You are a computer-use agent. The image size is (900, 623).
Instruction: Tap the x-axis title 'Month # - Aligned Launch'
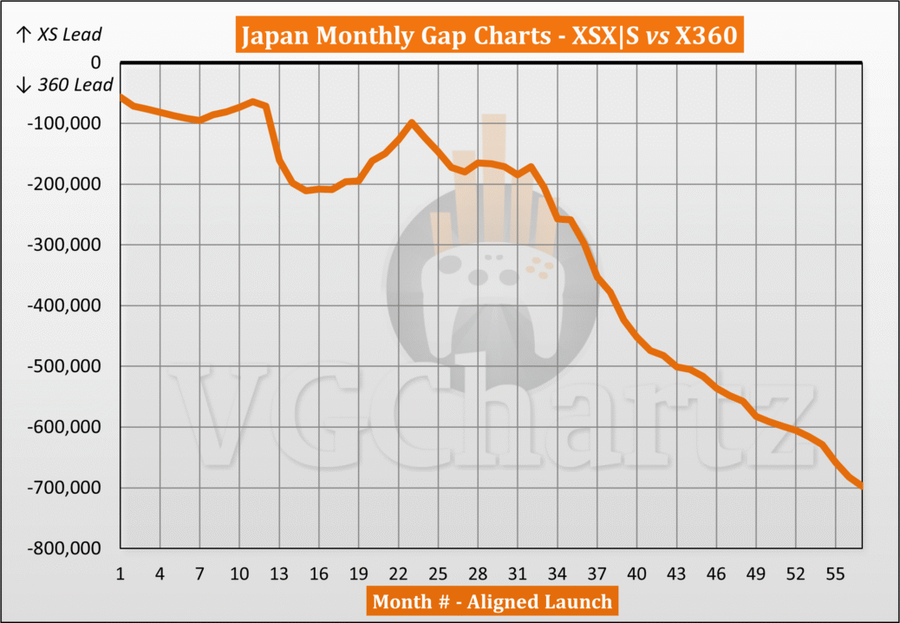coord(492,601)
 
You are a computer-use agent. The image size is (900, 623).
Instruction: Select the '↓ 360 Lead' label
coord(64,85)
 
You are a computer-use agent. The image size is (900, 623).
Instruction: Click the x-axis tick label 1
coord(120,574)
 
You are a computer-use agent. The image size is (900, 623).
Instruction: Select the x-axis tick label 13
coord(279,574)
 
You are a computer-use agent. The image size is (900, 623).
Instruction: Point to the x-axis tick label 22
coord(399,574)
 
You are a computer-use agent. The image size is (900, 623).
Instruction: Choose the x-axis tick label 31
coord(518,574)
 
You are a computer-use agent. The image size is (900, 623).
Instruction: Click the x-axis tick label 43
coord(677,574)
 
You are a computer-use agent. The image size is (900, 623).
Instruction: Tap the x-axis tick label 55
coord(836,574)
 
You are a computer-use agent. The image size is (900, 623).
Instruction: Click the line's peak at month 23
coord(412,122)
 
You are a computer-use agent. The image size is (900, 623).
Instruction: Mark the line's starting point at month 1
coord(120,96)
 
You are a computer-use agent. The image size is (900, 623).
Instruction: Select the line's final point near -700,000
coord(862,486)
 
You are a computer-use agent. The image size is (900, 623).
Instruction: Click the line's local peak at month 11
coord(252,102)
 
